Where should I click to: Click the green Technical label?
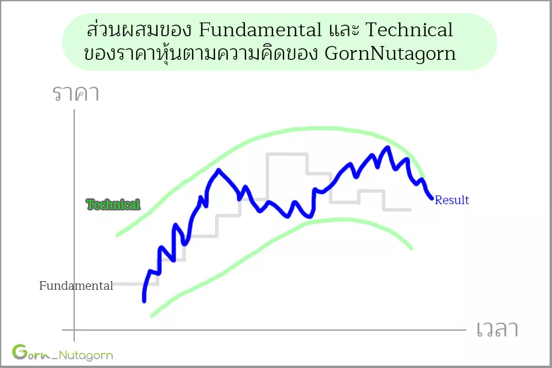tap(113, 204)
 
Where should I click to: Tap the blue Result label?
tap(452, 200)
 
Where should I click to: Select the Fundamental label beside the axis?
tap(76, 286)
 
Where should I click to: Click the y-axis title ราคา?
tap(76, 93)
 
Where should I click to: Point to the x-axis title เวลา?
tap(497, 329)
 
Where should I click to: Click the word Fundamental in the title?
tap(260, 29)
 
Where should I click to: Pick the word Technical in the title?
tap(409, 29)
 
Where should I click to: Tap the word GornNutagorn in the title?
tap(390, 54)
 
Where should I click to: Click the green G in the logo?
tap(20, 352)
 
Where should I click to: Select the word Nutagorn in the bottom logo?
tap(86, 355)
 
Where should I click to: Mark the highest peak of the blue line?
tap(388, 147)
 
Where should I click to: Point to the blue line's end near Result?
tap(432, 198)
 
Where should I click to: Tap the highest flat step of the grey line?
tap(287, 154)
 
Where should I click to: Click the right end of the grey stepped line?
tap(410, 210)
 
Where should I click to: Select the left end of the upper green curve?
tap(117, 235)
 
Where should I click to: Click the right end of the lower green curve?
tap(411, 248)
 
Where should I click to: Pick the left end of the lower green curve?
tap(152, 315)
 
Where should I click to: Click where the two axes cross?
tap(74, 330)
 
